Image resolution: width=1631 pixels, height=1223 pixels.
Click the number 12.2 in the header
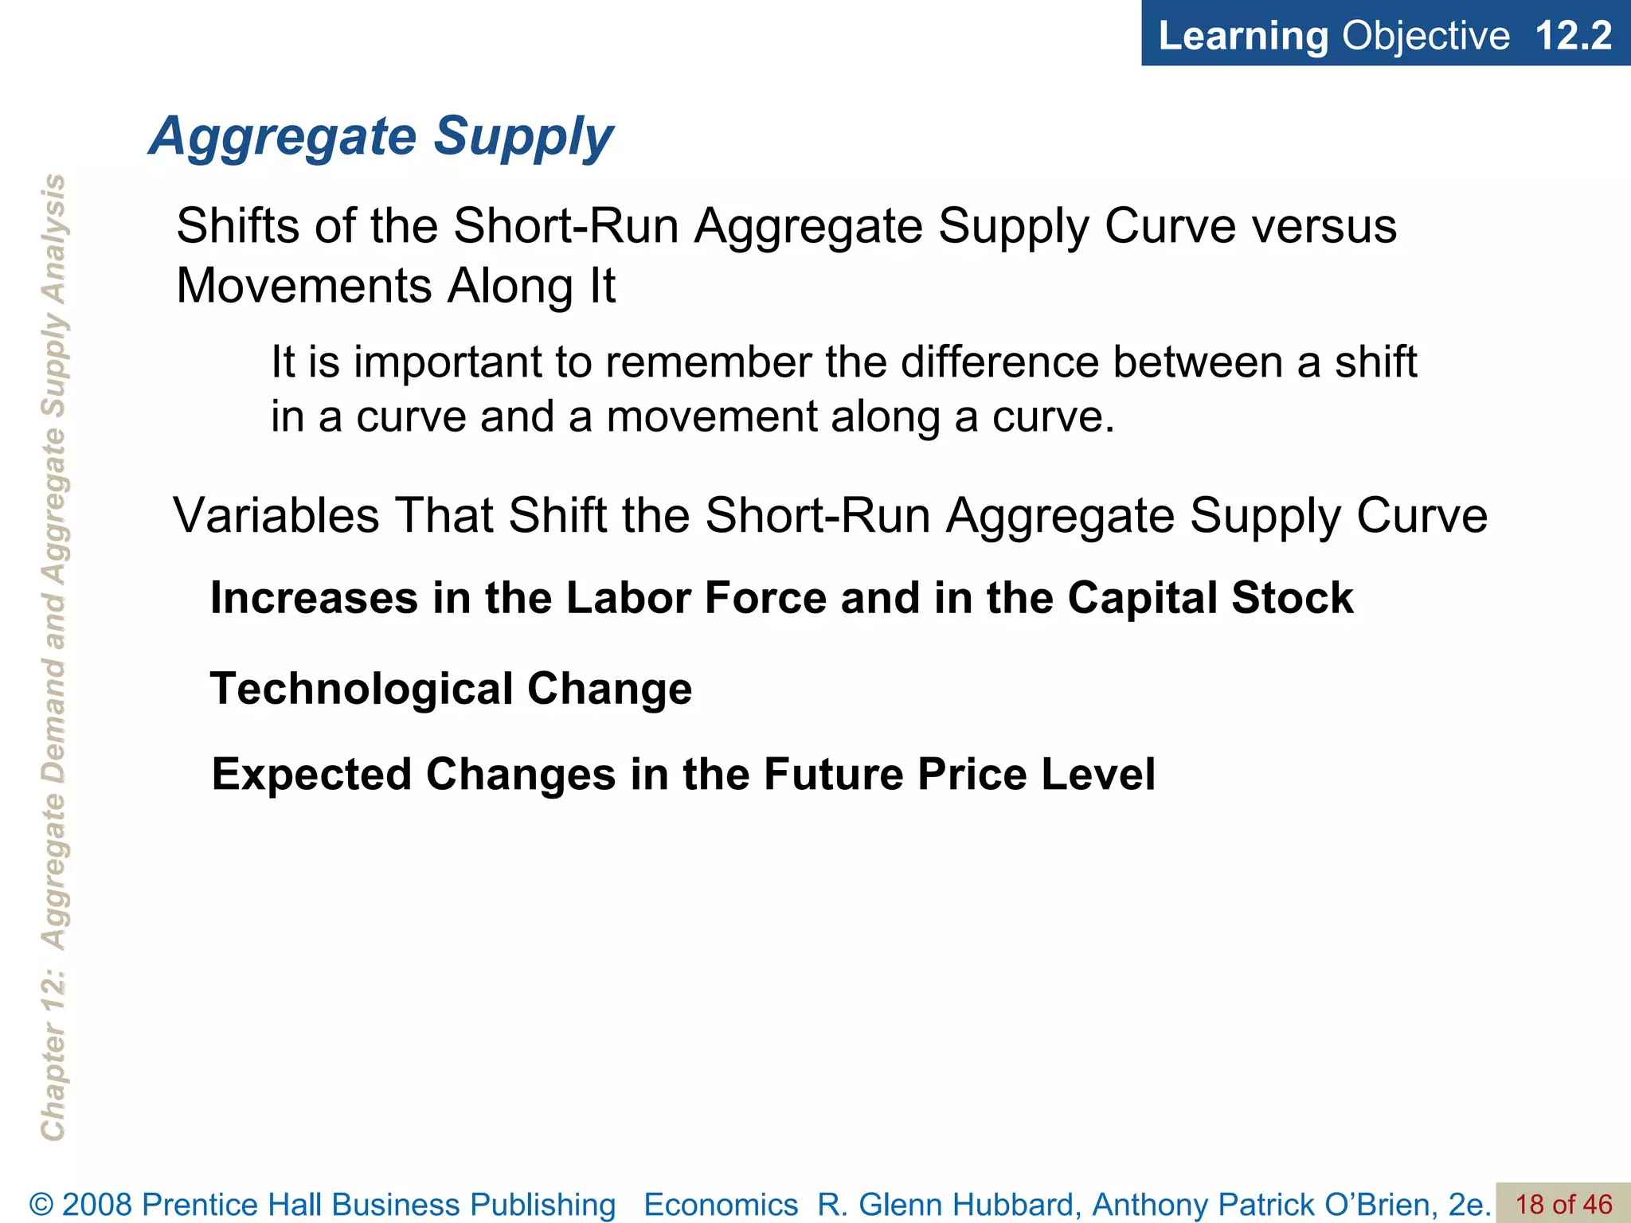coord(1573,36)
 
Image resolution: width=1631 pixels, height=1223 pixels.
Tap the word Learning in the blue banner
coord(1243,36)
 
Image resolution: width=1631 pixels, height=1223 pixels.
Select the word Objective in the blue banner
coord(1426,36)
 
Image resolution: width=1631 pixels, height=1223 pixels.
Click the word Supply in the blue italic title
coord(523,137)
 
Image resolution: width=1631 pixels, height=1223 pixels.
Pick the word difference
coord(999,362)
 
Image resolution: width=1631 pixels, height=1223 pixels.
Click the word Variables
coord(276,516)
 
